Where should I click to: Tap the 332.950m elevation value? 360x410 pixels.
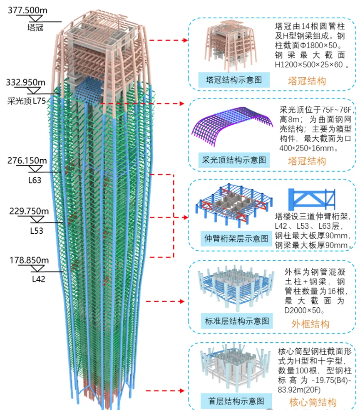tap(26, 82)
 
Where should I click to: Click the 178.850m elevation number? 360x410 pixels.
tap(29, 260)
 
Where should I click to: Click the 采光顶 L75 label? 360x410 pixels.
tap(26, 101)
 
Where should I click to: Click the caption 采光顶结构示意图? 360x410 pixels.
tap(233, 159)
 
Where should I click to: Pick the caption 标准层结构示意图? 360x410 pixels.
tap(237, 321)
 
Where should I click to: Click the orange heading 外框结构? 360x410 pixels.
tap(310, 324)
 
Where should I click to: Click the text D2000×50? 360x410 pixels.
tap(307, 310)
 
